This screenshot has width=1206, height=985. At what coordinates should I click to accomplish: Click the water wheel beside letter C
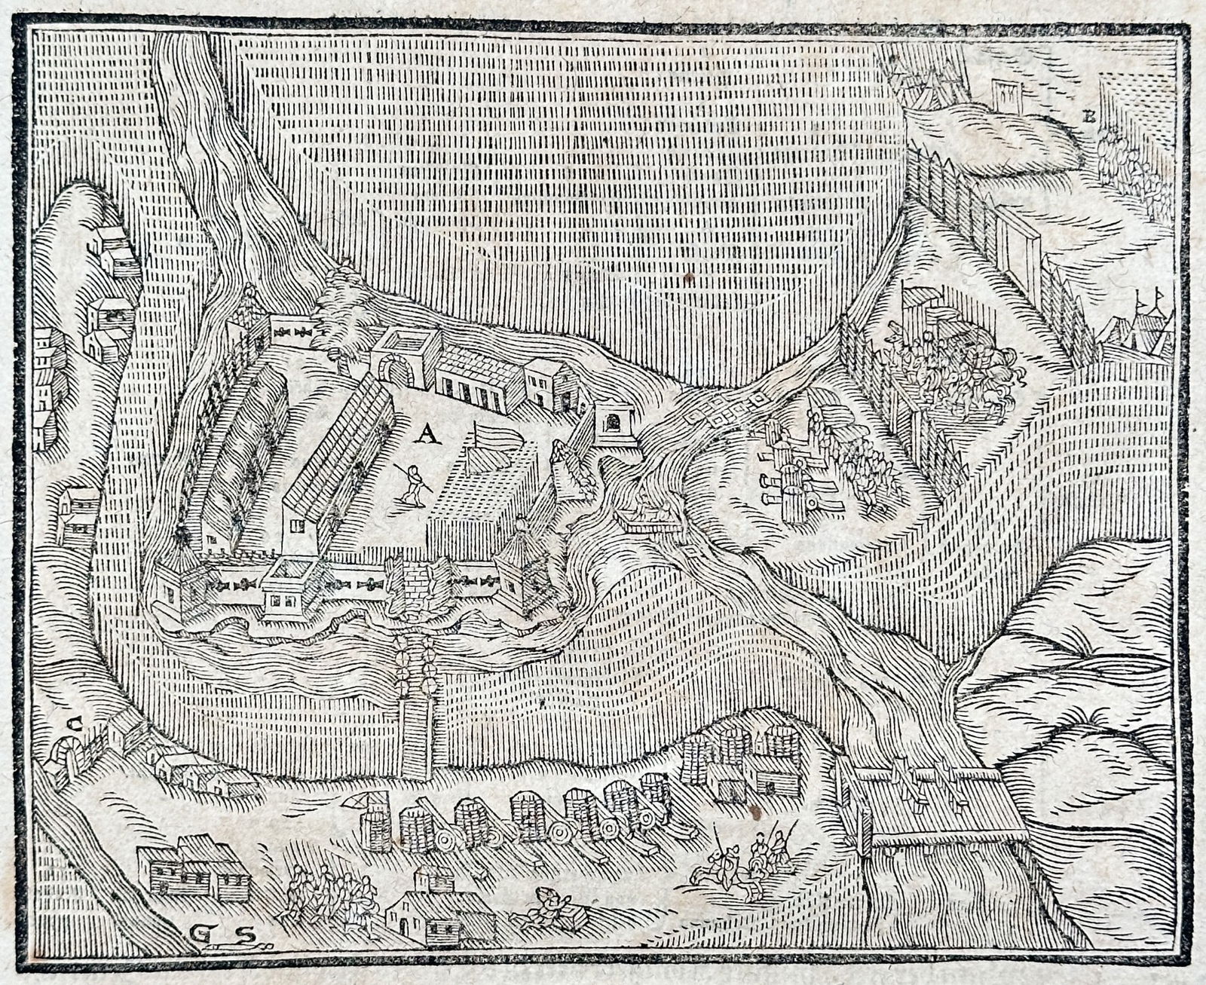[x=62, y=754]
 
